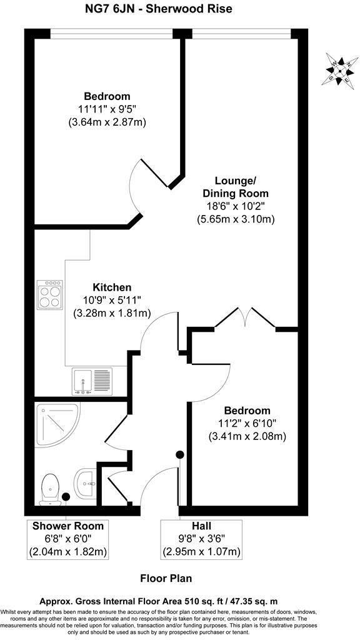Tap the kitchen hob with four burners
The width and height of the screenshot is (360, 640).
coord(50,294)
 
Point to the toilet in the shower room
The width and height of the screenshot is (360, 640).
coord(49,489)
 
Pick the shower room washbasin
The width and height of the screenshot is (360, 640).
coord(86,482)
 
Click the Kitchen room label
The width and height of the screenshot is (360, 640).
coord(112,287)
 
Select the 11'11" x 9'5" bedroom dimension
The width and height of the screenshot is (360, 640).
coord(107,109)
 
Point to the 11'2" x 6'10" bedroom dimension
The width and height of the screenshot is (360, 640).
coord(247,424)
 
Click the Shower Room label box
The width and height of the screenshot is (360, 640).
coord(68,538)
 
